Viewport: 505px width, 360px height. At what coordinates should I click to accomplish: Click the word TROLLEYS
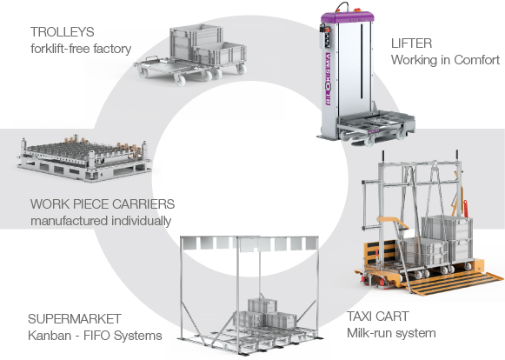pos(63,32)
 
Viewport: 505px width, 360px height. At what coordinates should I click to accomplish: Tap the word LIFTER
pos(411,43)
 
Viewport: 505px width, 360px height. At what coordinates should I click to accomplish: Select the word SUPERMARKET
pos(75,319)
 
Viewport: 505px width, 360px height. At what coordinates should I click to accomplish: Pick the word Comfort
pos(477,60)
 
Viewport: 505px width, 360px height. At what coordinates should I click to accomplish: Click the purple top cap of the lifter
pos(348,17)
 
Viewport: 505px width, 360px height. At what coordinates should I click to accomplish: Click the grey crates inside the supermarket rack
pos(263,313)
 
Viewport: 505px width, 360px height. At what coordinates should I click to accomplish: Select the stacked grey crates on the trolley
pos(208,44)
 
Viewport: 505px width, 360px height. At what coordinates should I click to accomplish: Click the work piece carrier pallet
pos(84,158)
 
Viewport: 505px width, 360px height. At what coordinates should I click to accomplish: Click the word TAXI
pos(360,317)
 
